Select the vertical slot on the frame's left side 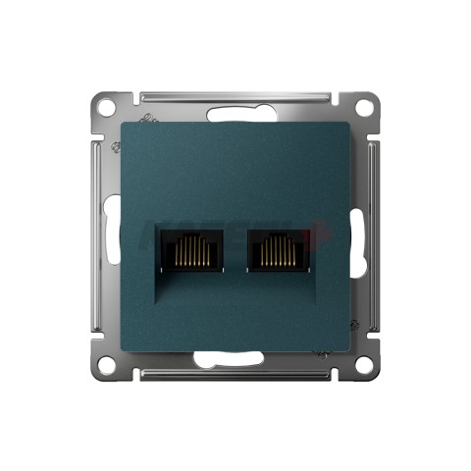(x=106, y=235)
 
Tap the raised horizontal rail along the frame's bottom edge (x=235, y=375)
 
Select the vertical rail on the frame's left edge (x=95, y=235)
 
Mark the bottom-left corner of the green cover (x=123, y=347)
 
